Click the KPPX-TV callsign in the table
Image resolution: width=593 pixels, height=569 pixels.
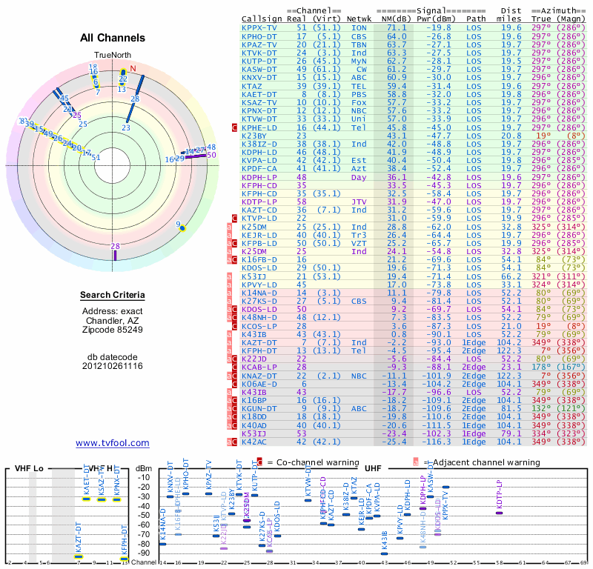tap(259, 27)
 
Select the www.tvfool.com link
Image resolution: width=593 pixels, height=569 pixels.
tap(112, 443)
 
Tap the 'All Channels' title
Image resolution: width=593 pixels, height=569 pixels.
tap(113, 38)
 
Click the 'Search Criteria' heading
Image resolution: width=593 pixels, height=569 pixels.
tap(113, 296)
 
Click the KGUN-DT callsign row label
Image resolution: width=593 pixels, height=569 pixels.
tap(259, 408)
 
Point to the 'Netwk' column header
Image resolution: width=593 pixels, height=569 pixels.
tap(359, 18)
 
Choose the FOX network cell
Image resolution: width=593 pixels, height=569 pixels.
tap(359, 102)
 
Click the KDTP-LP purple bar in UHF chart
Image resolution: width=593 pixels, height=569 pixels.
tap(499, 513)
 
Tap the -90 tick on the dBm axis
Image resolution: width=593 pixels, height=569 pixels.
tap(143, 553)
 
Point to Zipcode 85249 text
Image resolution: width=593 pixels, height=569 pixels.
tap(113, 330)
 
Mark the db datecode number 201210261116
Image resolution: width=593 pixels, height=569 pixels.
tap(113, 366)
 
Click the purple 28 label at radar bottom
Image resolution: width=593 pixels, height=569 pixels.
tap(115, 246)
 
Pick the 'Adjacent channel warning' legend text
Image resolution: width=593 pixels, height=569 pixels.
tap(473, 462)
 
